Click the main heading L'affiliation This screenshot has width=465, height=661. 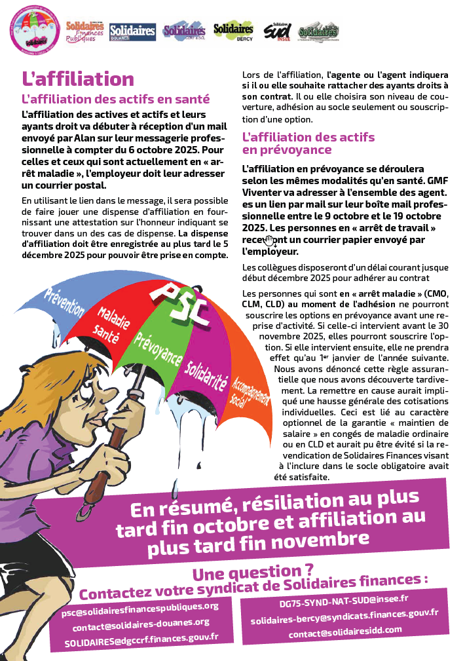click(x=78, y=79)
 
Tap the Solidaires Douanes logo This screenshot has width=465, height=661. click(x=132, y=30)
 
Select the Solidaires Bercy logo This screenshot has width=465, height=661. click(x=233, y=30)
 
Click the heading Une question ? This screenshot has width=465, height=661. click(x=253, y=573)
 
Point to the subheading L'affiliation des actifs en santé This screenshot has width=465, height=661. click(x=116, y=100)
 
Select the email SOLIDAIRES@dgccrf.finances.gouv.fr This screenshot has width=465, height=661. click(x=141, y=639)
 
